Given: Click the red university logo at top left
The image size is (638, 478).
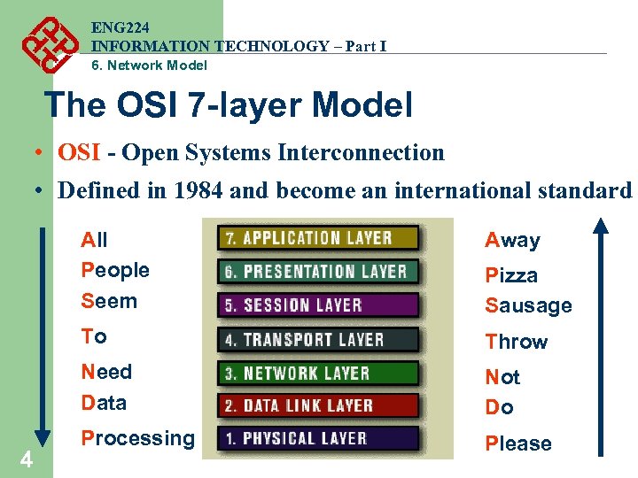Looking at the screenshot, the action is click(45, 43).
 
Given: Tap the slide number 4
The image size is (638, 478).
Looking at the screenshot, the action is click(27, 459).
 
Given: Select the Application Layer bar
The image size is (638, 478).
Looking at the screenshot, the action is click(319, 237).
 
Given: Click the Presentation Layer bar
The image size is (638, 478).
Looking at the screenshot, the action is click(319, 272).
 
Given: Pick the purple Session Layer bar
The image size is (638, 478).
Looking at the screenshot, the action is click(319, 305).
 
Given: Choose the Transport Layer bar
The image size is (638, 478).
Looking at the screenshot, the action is click(319, 339).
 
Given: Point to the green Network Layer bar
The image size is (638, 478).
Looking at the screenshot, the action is click(319, 373).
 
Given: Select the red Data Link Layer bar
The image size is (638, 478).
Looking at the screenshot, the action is click(319, 405).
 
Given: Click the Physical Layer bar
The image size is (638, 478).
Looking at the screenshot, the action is click(319, 438).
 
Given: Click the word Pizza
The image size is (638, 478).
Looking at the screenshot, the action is click(511, 275).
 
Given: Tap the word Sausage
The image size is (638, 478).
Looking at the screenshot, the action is click(528, 306).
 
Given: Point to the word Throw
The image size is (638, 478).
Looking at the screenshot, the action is click(516, 342).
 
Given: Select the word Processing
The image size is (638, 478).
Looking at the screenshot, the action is click(137, 438).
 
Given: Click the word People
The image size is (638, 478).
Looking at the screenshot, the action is click(115, 270).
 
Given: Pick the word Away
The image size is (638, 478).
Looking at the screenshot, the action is click(512, 240).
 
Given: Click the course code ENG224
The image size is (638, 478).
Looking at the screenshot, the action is click(116, 27).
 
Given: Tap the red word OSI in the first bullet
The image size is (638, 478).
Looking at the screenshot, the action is click(79, 152).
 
